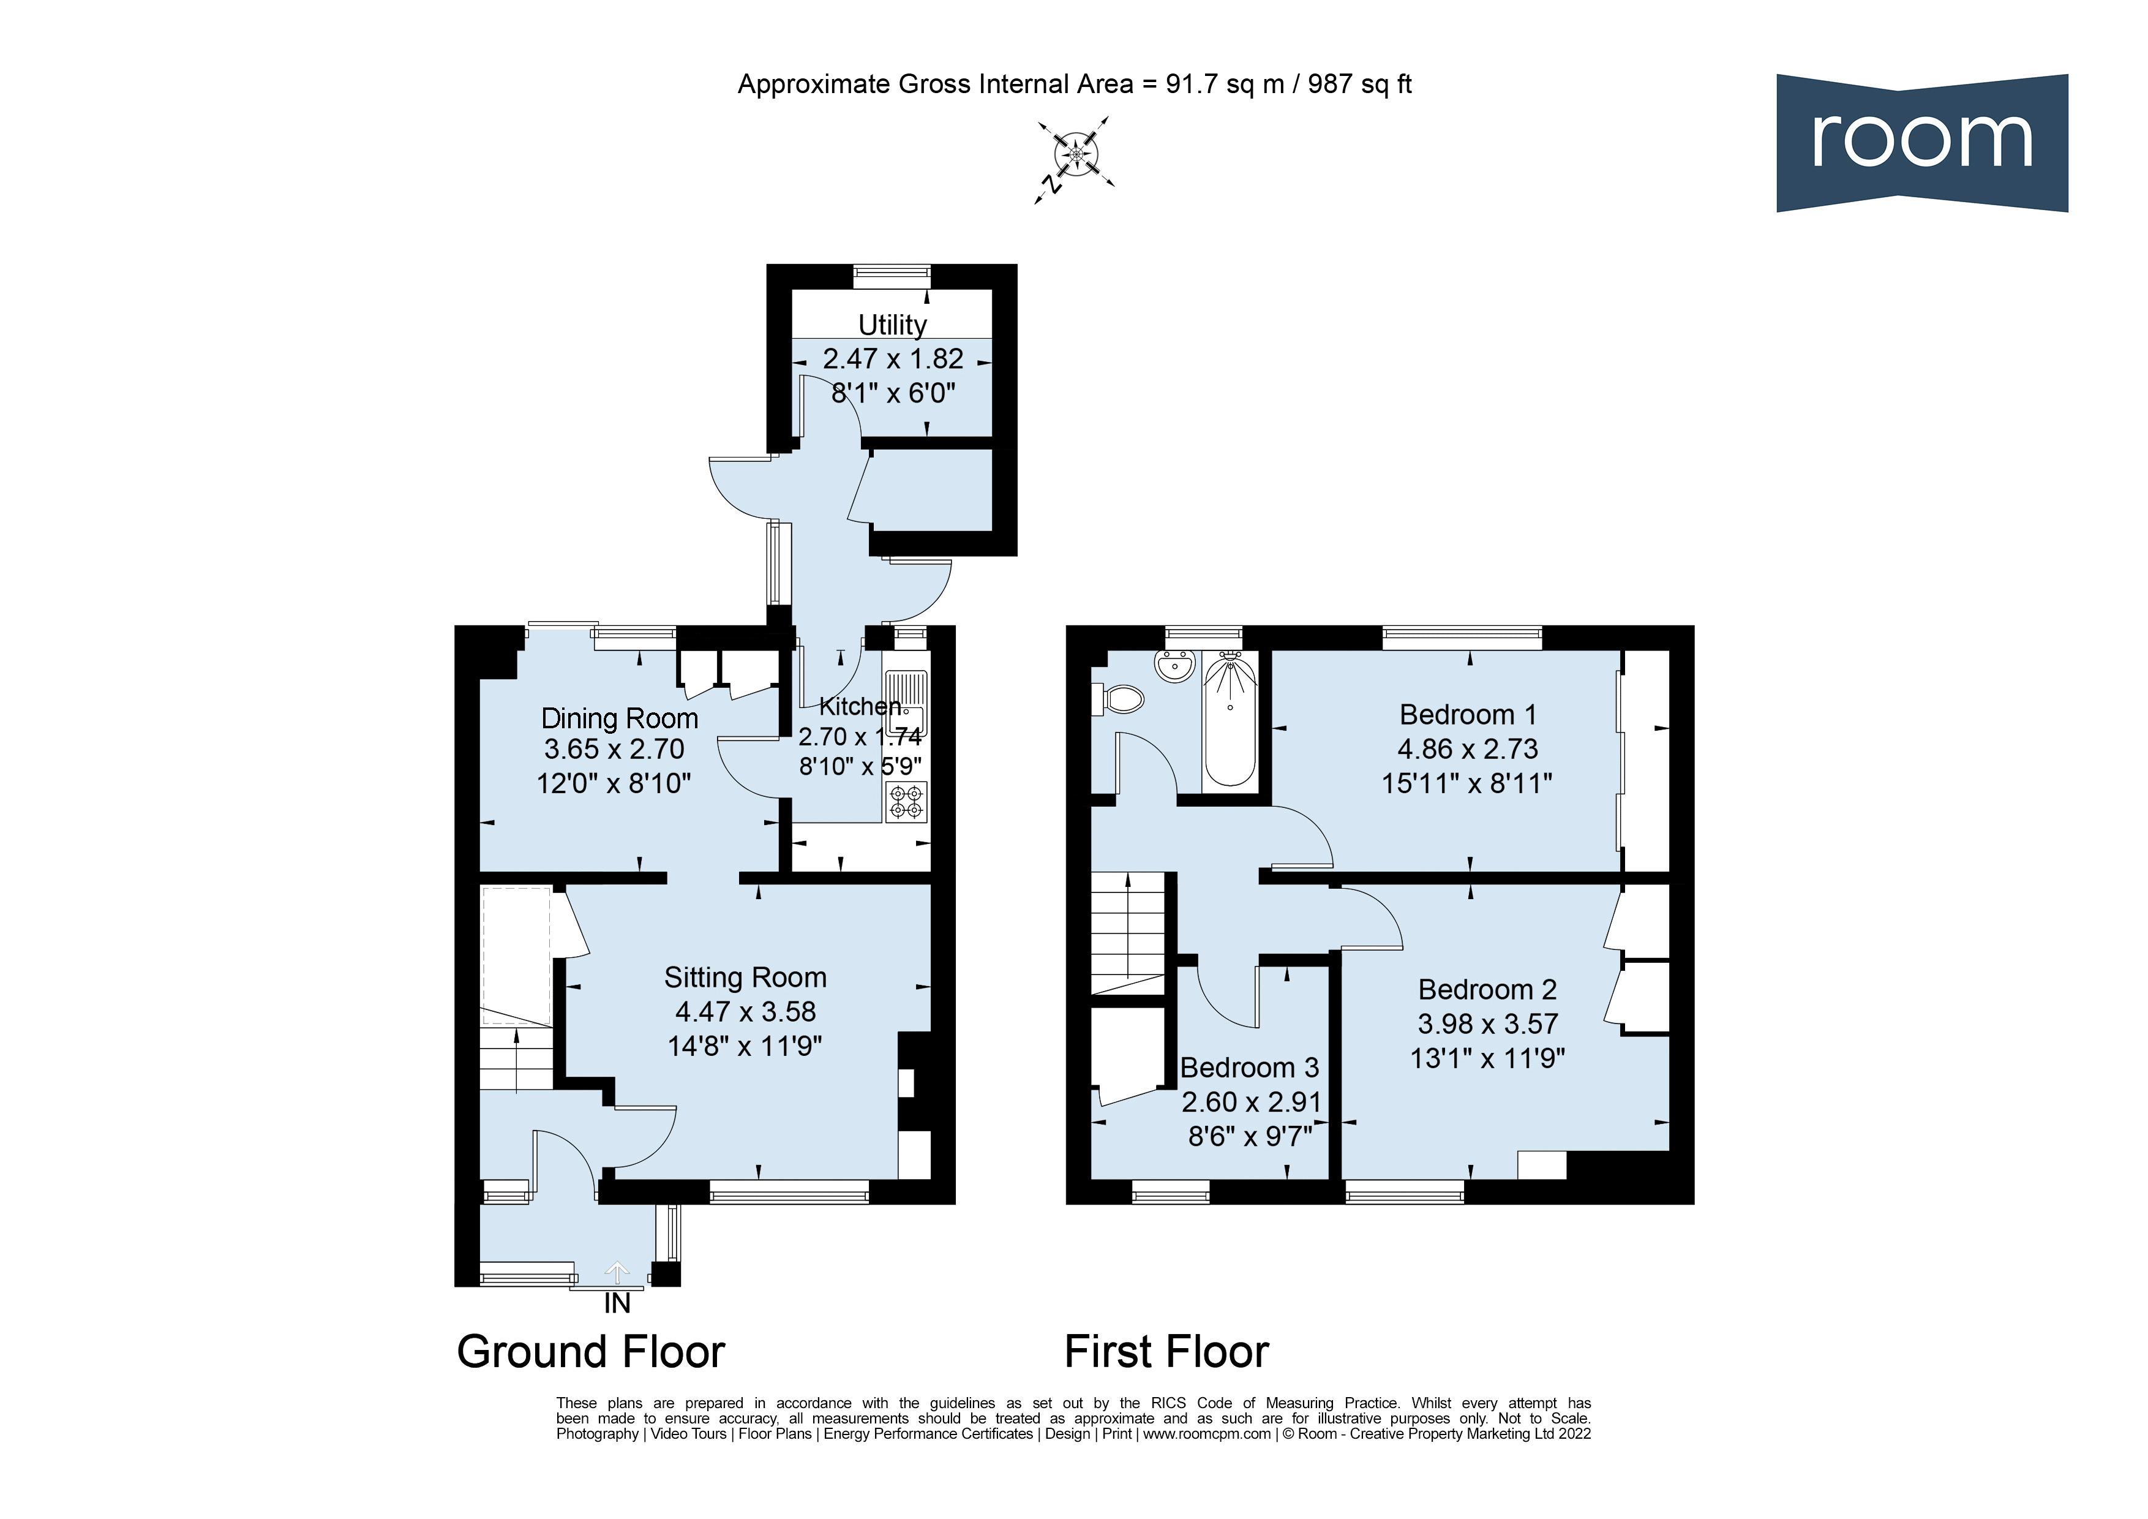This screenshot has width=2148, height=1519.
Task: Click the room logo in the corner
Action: (x=1921, y=142)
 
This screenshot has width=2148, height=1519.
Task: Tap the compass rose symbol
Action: (x=1075, y=154)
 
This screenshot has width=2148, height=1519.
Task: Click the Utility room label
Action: (x=893, y=325)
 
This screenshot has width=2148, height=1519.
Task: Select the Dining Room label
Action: (x=619, y=719)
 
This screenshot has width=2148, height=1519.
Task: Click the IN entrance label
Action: (x=617, y=1304)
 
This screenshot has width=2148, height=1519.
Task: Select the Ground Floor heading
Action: (x=590, y=1352)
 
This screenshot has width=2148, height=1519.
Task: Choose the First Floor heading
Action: (x=1166, y=1352)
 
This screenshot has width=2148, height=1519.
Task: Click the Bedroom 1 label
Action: (x=1467, y=715)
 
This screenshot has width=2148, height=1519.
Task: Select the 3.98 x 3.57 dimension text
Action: (x=1487, y=1024)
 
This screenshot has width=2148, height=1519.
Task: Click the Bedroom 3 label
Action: (x=1249, y=1068)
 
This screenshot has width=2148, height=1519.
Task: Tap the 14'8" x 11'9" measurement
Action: (x=745, y=1046)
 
